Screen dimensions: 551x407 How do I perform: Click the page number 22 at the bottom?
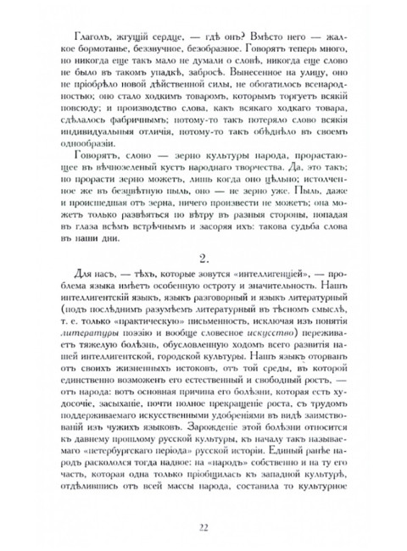204,530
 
